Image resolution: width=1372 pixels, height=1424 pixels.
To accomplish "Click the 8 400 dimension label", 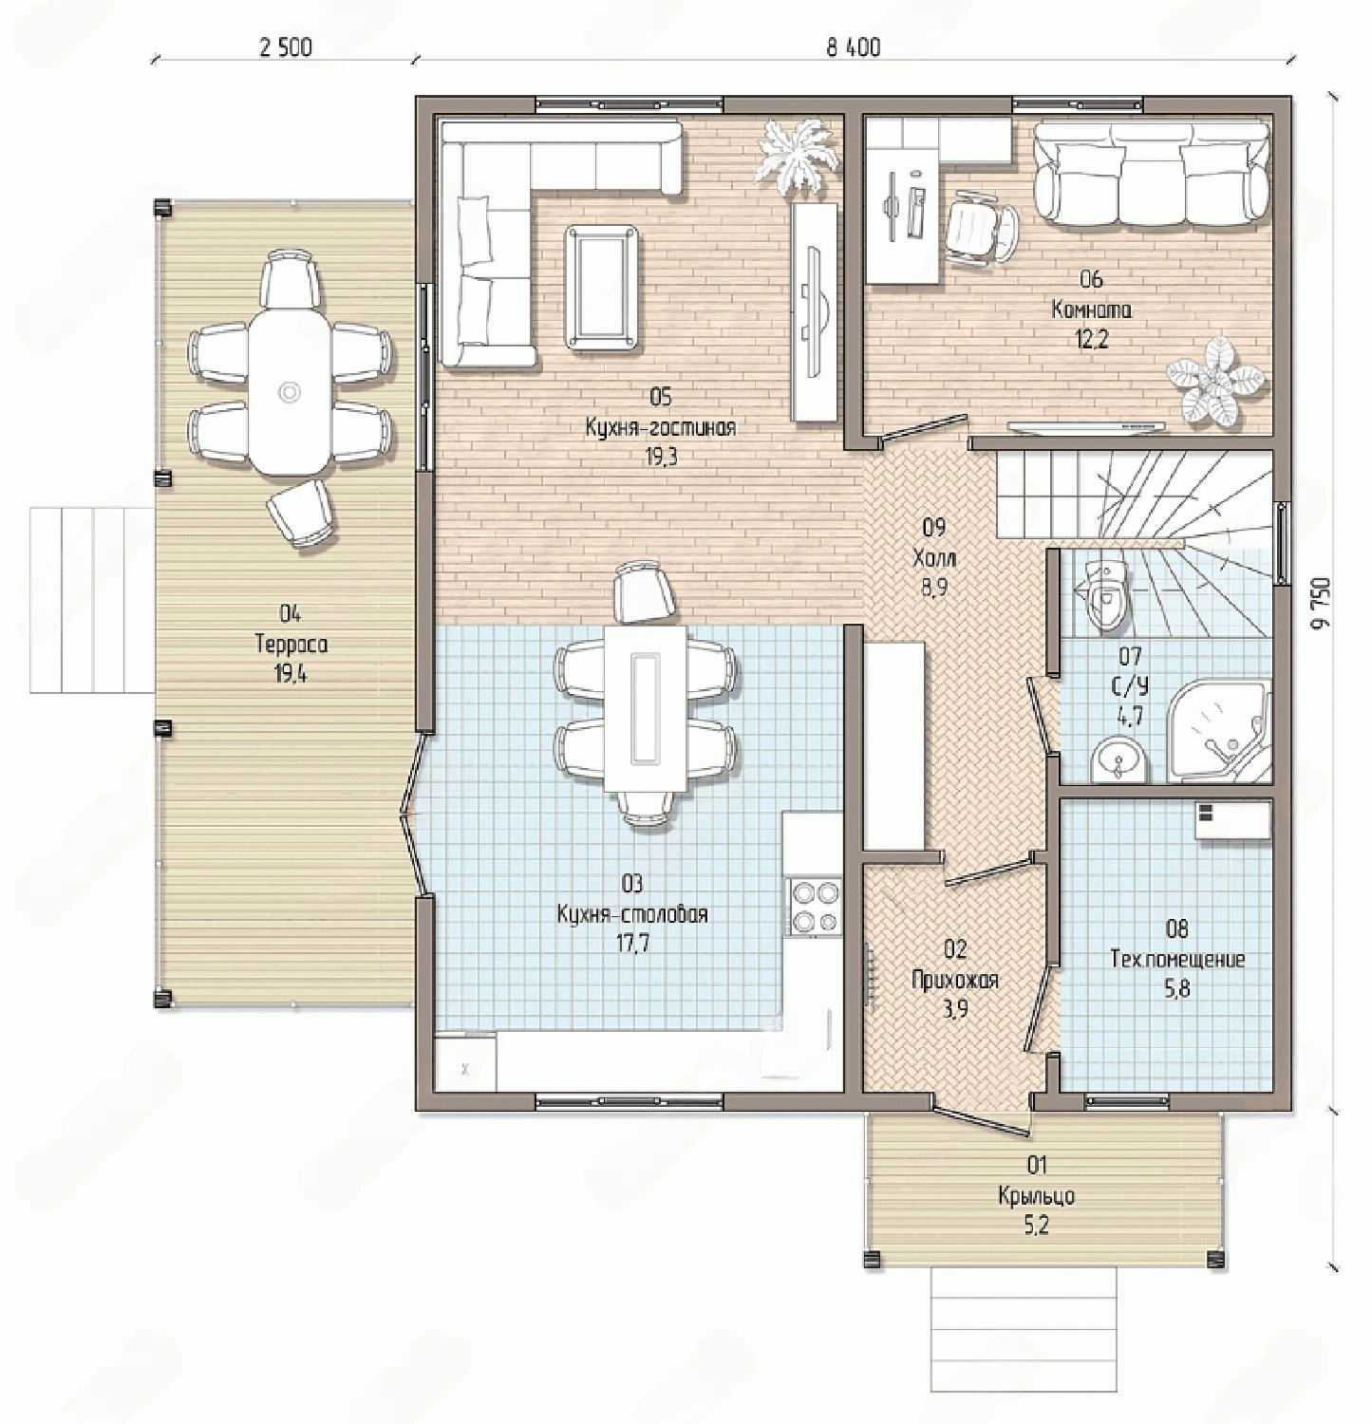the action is [x=853, y=47].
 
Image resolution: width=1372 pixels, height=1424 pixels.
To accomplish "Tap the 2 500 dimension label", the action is [x=285, y=47].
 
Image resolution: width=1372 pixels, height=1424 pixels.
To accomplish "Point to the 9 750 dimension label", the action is [x=1326, y=601].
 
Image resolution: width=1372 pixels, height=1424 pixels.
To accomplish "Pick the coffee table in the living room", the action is [x=601, y=286].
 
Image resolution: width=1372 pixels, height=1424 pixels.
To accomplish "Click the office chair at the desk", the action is [x=982, y=227].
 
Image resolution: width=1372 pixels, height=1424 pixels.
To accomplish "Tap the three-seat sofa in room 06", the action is [x=1151, y=174].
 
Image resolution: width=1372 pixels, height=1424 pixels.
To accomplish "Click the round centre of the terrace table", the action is [x=290, y=392].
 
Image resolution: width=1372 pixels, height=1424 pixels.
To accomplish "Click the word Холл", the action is [x=933, y=557].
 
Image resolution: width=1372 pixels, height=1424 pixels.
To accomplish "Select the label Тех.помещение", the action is [x=1177, y=959].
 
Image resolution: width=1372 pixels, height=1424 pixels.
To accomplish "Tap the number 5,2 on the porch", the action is [x=1036, y=1226].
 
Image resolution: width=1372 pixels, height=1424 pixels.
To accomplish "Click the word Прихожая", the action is [x=954, y=980].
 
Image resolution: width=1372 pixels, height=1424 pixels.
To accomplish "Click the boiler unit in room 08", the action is [x=1232, y=820].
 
